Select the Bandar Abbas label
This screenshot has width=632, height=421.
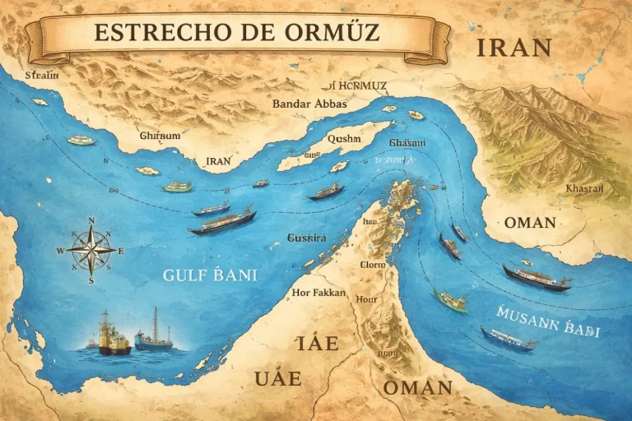(x=309, y=104)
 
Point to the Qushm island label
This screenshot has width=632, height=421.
(x=344, y=139)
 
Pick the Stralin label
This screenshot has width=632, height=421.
(x=43, y=75)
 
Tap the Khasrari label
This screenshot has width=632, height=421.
(x=584, y=188)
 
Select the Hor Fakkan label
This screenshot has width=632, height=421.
(x=319, y=292)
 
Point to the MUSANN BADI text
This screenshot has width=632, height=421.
(x=549, y=322)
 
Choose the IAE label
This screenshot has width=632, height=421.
(x=317, y=343)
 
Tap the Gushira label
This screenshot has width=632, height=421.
(x=306, y=238)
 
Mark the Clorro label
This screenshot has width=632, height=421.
(x=372, y=265)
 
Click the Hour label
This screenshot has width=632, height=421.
(x=366, y=299)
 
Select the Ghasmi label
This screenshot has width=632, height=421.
(x=390, y=143)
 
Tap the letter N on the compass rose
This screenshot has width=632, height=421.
(x=91, y=220)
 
